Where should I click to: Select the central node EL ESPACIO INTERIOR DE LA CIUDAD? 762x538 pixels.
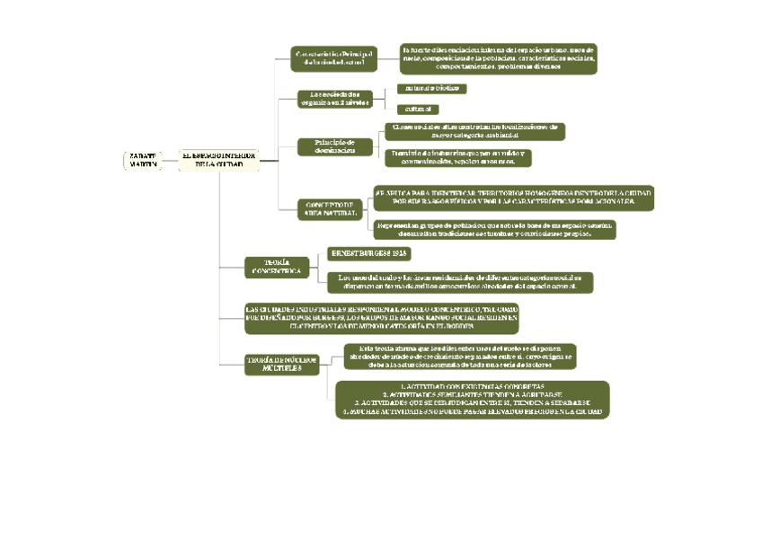point(218,160)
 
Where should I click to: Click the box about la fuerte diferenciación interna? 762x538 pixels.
point(498,57)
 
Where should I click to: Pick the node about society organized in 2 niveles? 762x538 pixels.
point(334,98)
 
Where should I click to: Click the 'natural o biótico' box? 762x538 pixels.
point(431,88)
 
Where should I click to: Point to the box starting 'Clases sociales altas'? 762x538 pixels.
point(474,131)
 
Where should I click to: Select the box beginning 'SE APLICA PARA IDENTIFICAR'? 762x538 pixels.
point(512,198)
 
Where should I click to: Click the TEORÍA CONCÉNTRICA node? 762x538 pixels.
point(276,266)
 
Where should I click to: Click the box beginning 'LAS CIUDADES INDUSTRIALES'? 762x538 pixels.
point(382,318)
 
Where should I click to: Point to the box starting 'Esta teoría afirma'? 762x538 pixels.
point(459,356)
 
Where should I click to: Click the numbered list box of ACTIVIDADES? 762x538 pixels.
point(473,399)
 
